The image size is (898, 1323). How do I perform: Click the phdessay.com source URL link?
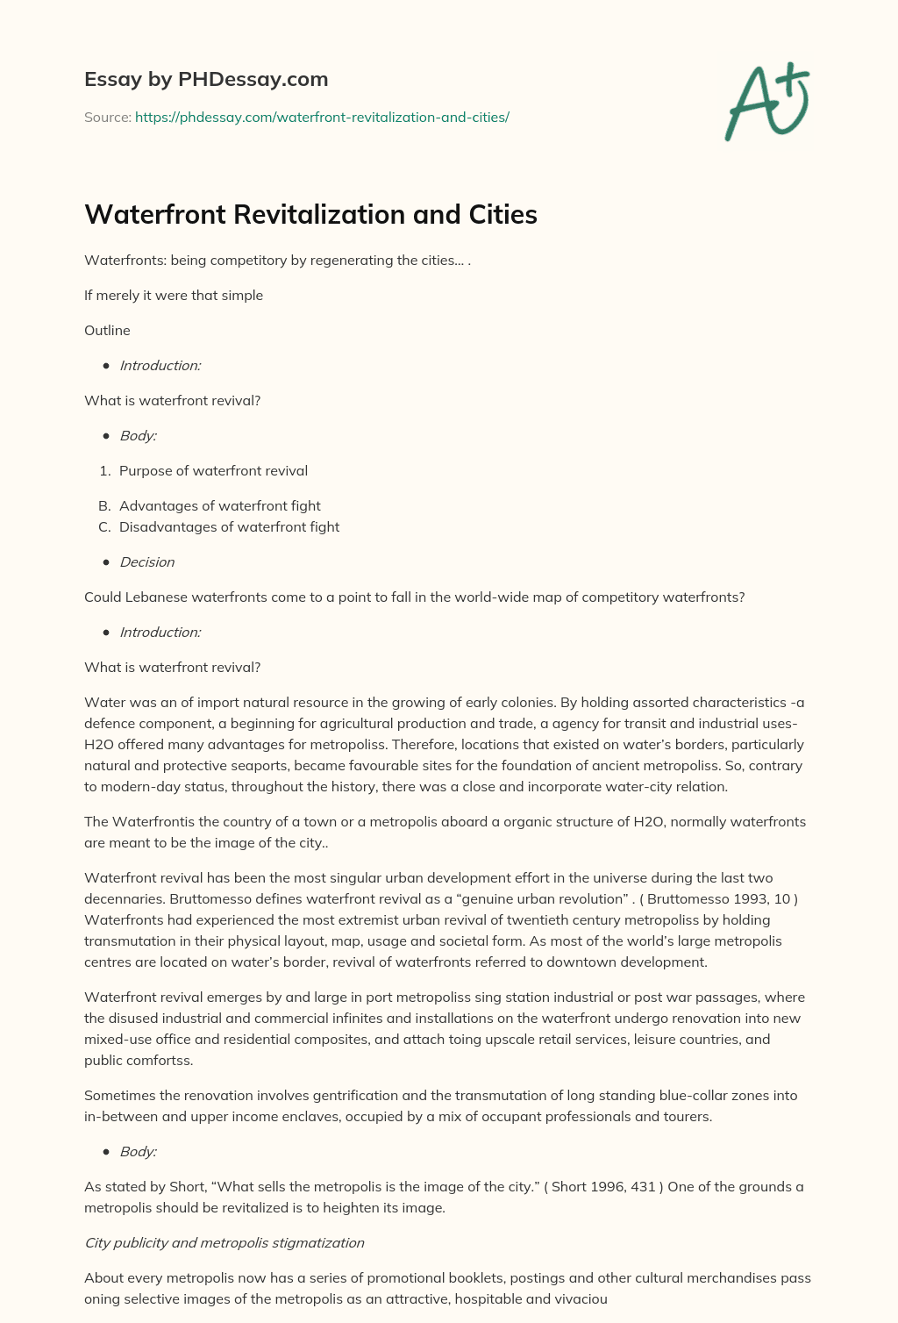pyautogui.click(x=322, y=117)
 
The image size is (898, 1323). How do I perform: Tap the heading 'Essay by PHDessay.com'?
pyautogui.click(x=206, y=79)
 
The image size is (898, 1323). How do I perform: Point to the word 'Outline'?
pyautogui.click(x=107, y=330)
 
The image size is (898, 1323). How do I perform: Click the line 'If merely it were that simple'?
pyautogui.click(x=174, y=295)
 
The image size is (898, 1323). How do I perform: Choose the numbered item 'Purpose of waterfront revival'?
pyautogui.click(x=213, y=470)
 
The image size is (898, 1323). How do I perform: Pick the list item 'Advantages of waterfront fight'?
pyautogui.click(x=219, y=505)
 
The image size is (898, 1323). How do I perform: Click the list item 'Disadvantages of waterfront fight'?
pyautogui.click(x=229, y=526)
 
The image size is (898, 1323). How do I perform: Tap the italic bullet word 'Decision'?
pyautogui.click(x=146, y=561)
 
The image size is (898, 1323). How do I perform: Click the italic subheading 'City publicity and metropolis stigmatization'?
pyautogui.click(x=224, y=1242)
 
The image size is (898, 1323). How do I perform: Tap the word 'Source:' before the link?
pyautogui.click(x=107, y=117)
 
